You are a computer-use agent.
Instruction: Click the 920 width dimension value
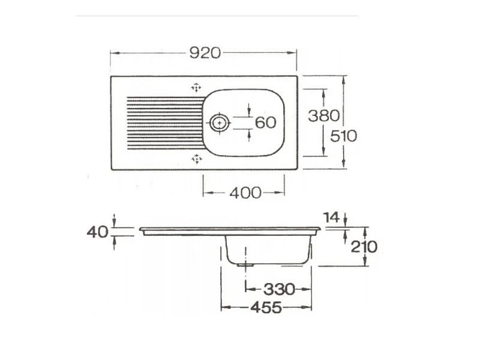(x=205, y=53)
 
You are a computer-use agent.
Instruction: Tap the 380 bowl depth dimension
(x=323, y=116)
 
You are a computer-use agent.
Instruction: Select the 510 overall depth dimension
(x=343, y=136)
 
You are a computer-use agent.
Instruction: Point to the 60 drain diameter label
(x=265, y=122)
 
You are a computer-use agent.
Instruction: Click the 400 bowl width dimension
(x=245, y=193)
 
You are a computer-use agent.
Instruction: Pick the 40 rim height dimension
(x=97, y=232)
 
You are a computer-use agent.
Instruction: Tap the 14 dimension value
(x=332, y=218)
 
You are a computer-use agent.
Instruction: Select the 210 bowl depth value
(x=364, y=247)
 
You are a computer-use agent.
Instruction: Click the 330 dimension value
(x=279, y=289)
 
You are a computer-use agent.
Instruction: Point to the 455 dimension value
(x=266, y=307)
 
